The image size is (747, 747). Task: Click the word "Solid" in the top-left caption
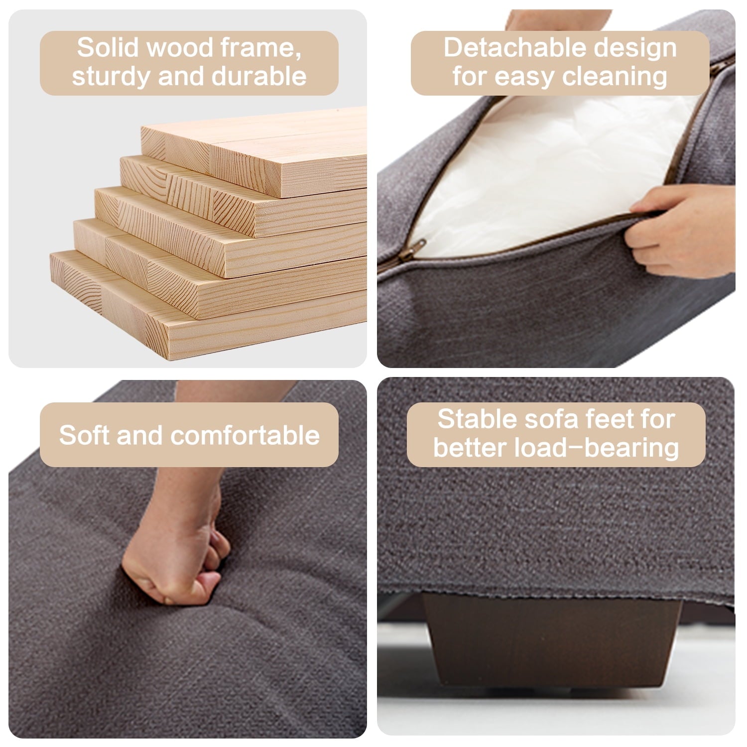(108, 48)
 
